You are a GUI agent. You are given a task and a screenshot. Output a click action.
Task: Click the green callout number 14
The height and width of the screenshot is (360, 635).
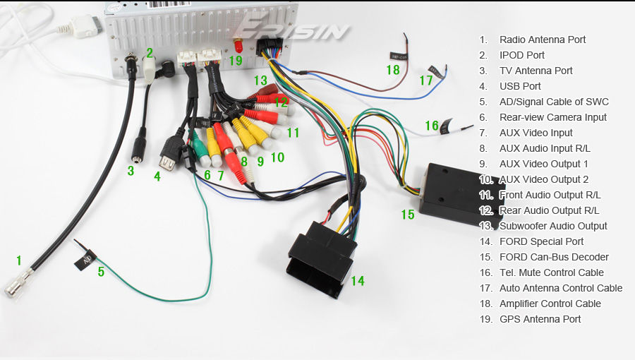pyautogui.click(x=358, y=281)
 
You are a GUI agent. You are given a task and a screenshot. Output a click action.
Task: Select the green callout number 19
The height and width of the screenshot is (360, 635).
pyautogui.click(x=236, y=61)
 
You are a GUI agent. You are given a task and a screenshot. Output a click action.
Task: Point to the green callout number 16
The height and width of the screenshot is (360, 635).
pyautogui.click(x=431, y=126)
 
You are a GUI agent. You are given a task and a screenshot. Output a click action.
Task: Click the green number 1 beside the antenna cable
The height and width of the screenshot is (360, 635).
pyautogui.click(x=19, y=260)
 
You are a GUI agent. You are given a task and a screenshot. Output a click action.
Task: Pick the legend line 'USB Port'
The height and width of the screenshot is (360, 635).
pyautogui.click(x=520, y=86)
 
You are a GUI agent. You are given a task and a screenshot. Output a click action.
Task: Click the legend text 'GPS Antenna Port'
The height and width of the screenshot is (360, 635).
pyautogui.click(x=540, y=319)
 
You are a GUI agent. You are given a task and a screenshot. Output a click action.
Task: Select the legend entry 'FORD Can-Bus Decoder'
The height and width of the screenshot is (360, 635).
pyautogui.click(x=554, y=257)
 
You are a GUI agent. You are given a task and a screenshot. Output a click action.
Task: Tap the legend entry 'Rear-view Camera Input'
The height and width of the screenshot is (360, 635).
pyautogui.click(x=552, y=117)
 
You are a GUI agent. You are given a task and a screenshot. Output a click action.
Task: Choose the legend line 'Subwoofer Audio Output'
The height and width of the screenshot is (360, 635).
pyautogui.click(x=553, y=226)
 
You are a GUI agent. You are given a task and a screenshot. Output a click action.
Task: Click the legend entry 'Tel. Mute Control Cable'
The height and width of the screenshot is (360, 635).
pyautogui.click(x=551, y=272)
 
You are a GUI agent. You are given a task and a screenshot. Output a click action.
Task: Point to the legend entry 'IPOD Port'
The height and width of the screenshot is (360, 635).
pyautogui.click(x=521, y=55)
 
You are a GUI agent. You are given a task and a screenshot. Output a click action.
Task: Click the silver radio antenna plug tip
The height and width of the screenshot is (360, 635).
pyautogui.click(x=14, y=289)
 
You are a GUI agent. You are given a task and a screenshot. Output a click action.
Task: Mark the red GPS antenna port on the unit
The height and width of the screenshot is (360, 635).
pyautogui.click(x=238, y=45)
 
